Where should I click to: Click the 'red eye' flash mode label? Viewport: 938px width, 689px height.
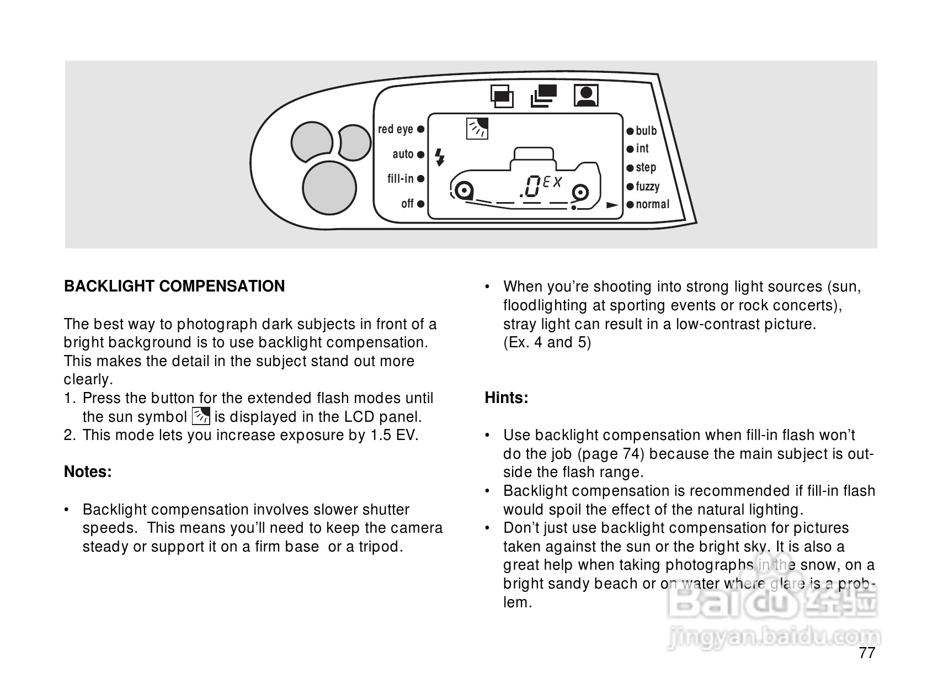(395, 129)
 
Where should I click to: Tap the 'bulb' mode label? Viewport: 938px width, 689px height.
(646, 131)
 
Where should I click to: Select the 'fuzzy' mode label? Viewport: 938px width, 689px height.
(647, 187)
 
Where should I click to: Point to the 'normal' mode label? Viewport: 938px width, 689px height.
(652, 204)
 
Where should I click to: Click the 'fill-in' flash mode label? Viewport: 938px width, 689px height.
(400, 178)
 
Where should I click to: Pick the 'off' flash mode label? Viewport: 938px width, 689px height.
(407, 204)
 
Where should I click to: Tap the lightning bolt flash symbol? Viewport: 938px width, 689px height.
(440, 157)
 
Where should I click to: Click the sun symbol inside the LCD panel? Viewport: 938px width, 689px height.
(477, 128)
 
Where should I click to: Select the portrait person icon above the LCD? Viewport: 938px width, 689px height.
(586, 95)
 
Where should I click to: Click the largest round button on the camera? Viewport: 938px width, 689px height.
(329, 187)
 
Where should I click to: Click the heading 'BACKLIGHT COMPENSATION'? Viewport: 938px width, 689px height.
(174, 286)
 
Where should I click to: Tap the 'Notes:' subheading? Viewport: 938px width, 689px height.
(88, 471)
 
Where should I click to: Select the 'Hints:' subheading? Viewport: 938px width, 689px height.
(506, 397)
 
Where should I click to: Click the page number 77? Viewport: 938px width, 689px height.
(867, 653)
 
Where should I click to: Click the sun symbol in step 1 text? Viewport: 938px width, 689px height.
(200, 416)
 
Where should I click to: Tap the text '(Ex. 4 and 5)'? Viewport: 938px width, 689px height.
(547, 342)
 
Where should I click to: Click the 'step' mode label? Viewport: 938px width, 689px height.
(646, 167)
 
